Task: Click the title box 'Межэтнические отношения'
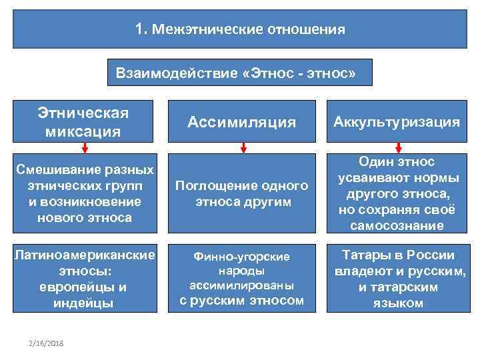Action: pos(240,30)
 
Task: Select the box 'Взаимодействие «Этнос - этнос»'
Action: pos(240,72)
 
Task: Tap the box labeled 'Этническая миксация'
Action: pos(83,121)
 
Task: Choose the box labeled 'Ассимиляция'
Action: pos(242,121)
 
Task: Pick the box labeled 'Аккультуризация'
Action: pos(397,121)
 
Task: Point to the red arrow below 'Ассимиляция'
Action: pos(243,147)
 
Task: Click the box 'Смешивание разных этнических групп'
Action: pos(83,193)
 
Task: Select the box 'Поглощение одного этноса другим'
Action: pos(242,193)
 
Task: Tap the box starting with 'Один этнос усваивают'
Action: pos(397,193)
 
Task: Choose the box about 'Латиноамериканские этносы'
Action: pos(83,279)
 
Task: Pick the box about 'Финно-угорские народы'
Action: pos(242,279)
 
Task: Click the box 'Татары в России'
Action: pos(397,279)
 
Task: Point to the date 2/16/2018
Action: pos(46,343)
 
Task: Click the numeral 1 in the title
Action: pos(139,29)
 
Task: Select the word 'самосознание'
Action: pos(397,225)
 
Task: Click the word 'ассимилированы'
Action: pos(241,285)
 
